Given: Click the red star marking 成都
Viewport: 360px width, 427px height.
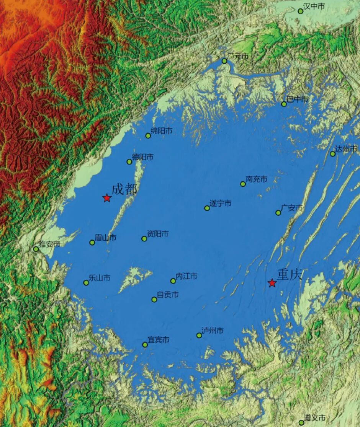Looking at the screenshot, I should (107, 198).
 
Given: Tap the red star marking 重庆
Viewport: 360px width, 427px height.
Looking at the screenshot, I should (272, 283).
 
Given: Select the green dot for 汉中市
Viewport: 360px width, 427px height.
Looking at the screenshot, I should (301, 11).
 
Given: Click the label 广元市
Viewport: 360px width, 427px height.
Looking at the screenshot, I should (238, 57).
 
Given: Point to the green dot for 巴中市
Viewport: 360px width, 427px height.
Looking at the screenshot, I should (284, 104).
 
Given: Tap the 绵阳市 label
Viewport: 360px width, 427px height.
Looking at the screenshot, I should (162, 131).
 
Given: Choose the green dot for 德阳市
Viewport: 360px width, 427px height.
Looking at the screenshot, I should (129, 161).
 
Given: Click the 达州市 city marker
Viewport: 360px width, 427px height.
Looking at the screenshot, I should (333, 154).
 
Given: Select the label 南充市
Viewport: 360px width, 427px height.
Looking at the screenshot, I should (257, 179).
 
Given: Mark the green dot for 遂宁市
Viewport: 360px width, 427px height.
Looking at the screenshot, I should (207, 208).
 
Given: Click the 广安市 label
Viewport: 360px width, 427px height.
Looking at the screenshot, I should (292, 208).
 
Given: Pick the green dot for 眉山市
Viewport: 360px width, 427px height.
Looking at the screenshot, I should (92, 242).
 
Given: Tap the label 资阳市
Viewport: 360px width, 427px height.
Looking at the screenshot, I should (158, 234).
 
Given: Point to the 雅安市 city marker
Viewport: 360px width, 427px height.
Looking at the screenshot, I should (36, 249).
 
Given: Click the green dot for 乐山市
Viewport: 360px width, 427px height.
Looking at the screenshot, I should (86, 283).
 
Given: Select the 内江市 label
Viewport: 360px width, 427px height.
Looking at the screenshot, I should (187, 276).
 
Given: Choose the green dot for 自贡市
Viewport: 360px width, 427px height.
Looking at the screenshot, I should (154, 299).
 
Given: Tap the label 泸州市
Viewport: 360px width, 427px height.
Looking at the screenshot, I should (213, 331).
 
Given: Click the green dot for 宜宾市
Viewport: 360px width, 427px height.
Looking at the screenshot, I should (145, 345).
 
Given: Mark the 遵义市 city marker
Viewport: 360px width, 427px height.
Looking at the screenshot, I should (301, 422).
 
